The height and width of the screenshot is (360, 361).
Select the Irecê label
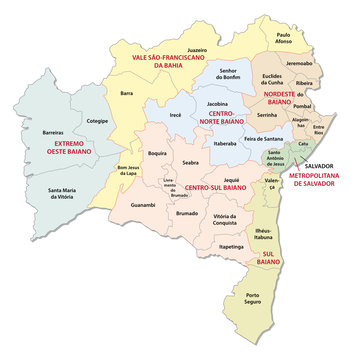(173, 143)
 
